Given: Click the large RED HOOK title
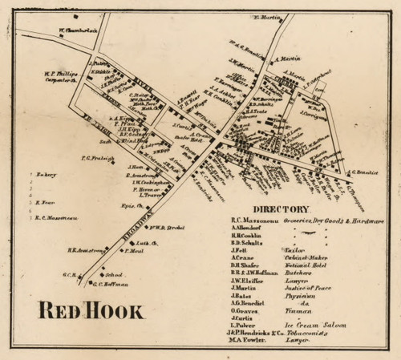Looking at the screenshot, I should point(89,310).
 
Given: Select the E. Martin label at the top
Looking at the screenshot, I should point(268,17).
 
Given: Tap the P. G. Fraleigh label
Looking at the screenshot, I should point(96,158).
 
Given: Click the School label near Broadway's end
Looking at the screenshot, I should point(115,273).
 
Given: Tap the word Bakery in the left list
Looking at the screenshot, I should point(47,173).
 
